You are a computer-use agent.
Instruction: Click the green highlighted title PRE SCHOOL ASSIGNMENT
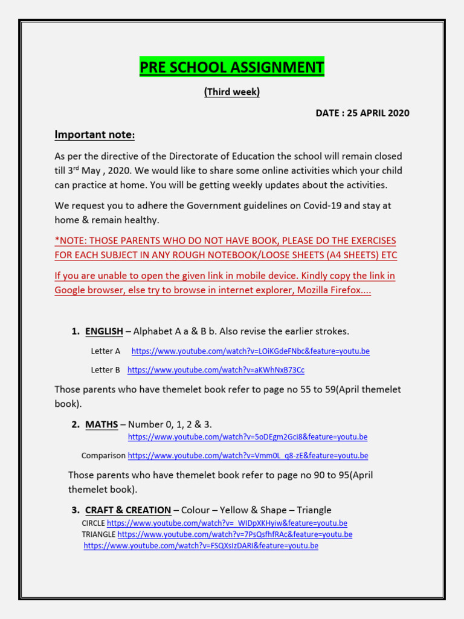(x=232, y=67)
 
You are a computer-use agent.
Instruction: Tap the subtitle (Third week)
(x=232, y=92)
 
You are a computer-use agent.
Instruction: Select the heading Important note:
(x=95, y=134)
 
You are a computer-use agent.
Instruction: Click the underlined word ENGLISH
(x=104, y=331)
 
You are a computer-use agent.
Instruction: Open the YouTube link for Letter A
(x=250, y=351)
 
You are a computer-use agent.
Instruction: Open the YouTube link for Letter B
(x=216, y=370)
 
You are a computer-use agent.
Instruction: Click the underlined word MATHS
(x=101, y=424)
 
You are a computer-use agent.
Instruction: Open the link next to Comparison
(x=248, y=456)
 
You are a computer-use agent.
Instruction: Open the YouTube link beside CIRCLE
(x=227, y=523)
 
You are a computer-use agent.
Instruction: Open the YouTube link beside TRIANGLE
(x=234, y=534)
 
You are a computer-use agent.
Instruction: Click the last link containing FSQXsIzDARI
(x=201, y=546)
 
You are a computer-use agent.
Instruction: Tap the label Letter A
(x=106, y=351)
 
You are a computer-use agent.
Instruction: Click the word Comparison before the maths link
(x=103, y=456)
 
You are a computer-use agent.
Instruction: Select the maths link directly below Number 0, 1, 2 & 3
(x=247, y=437)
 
